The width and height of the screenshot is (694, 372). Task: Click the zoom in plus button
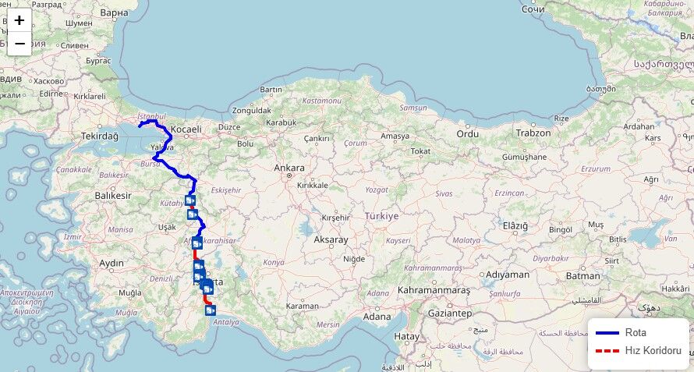(19, 20)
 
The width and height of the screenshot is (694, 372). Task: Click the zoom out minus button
(19, 43)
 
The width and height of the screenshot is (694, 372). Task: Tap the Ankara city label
(289, 168)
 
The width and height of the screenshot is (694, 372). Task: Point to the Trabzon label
(533, 133)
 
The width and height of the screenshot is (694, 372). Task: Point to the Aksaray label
(330, 240)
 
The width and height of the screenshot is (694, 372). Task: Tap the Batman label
(583, 275)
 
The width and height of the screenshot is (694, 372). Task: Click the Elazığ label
(514, 225)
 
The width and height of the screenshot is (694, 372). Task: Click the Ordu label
(467, 133)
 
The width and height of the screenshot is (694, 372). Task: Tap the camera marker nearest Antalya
(211, 310)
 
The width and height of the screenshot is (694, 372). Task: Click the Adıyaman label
(507, 275)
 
